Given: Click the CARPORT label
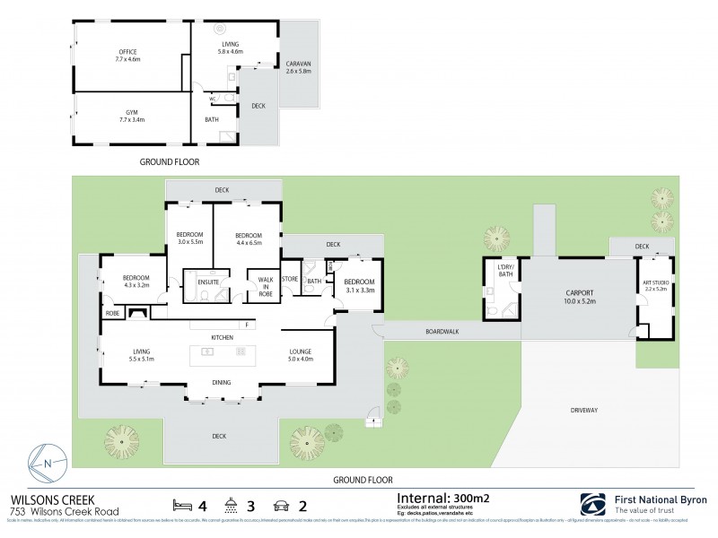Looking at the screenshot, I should [580, 294].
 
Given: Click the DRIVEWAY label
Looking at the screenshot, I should [584, 410].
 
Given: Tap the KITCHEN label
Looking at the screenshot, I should [222, 336].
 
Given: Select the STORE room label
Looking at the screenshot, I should [289, 280].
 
